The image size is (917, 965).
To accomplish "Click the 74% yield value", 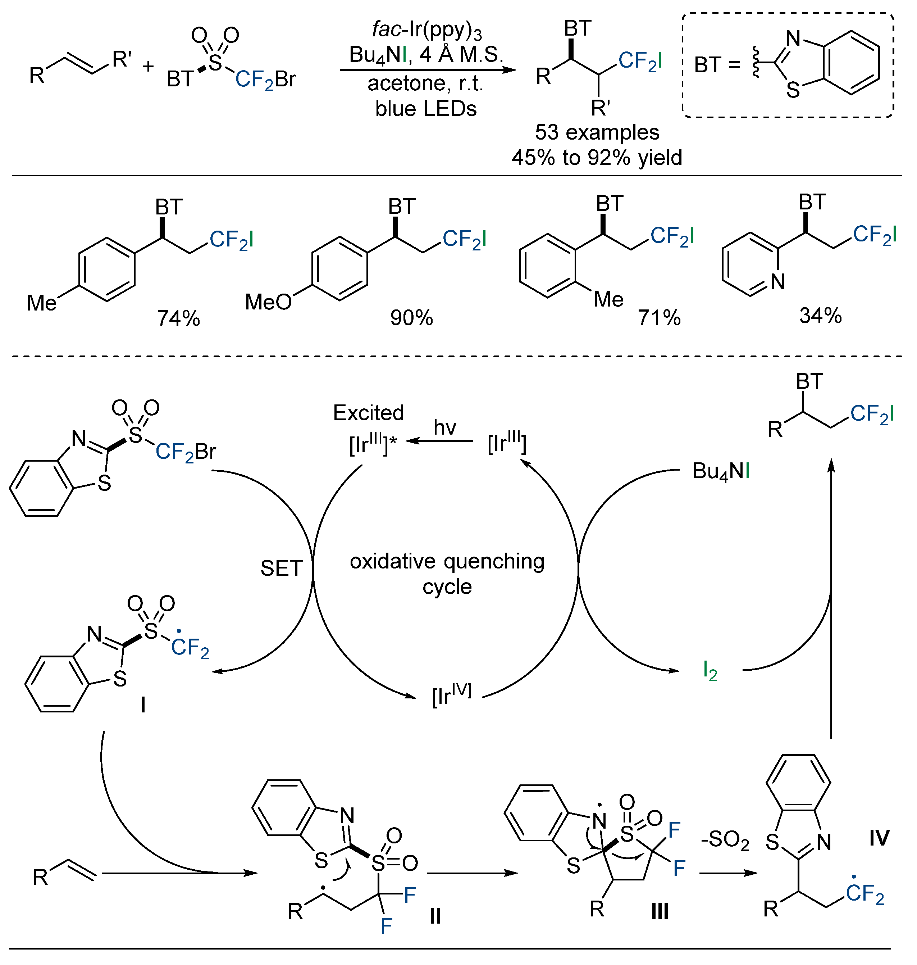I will (178, 318).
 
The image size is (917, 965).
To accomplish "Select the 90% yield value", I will (412, 318).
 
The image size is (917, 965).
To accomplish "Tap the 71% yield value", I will (659, 318).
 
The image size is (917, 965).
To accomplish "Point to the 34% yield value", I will (821, 316).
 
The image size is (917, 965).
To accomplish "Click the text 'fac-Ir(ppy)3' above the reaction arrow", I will (426, 30).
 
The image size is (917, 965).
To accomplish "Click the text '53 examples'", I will (597, 132).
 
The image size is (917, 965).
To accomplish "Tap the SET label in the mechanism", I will (281, 568).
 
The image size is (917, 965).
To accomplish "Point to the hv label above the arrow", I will (444, 427).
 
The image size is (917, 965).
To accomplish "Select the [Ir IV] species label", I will (452, 695).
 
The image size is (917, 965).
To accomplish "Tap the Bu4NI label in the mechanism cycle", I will (721, 471).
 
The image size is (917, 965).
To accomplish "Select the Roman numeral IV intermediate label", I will (879, 838).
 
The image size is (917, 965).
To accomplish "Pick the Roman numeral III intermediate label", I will (660, 911).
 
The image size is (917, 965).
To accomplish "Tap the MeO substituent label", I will (268, 302).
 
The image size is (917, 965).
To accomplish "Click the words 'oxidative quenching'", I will (447, 562).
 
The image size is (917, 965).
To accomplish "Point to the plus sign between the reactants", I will (148, 66).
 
